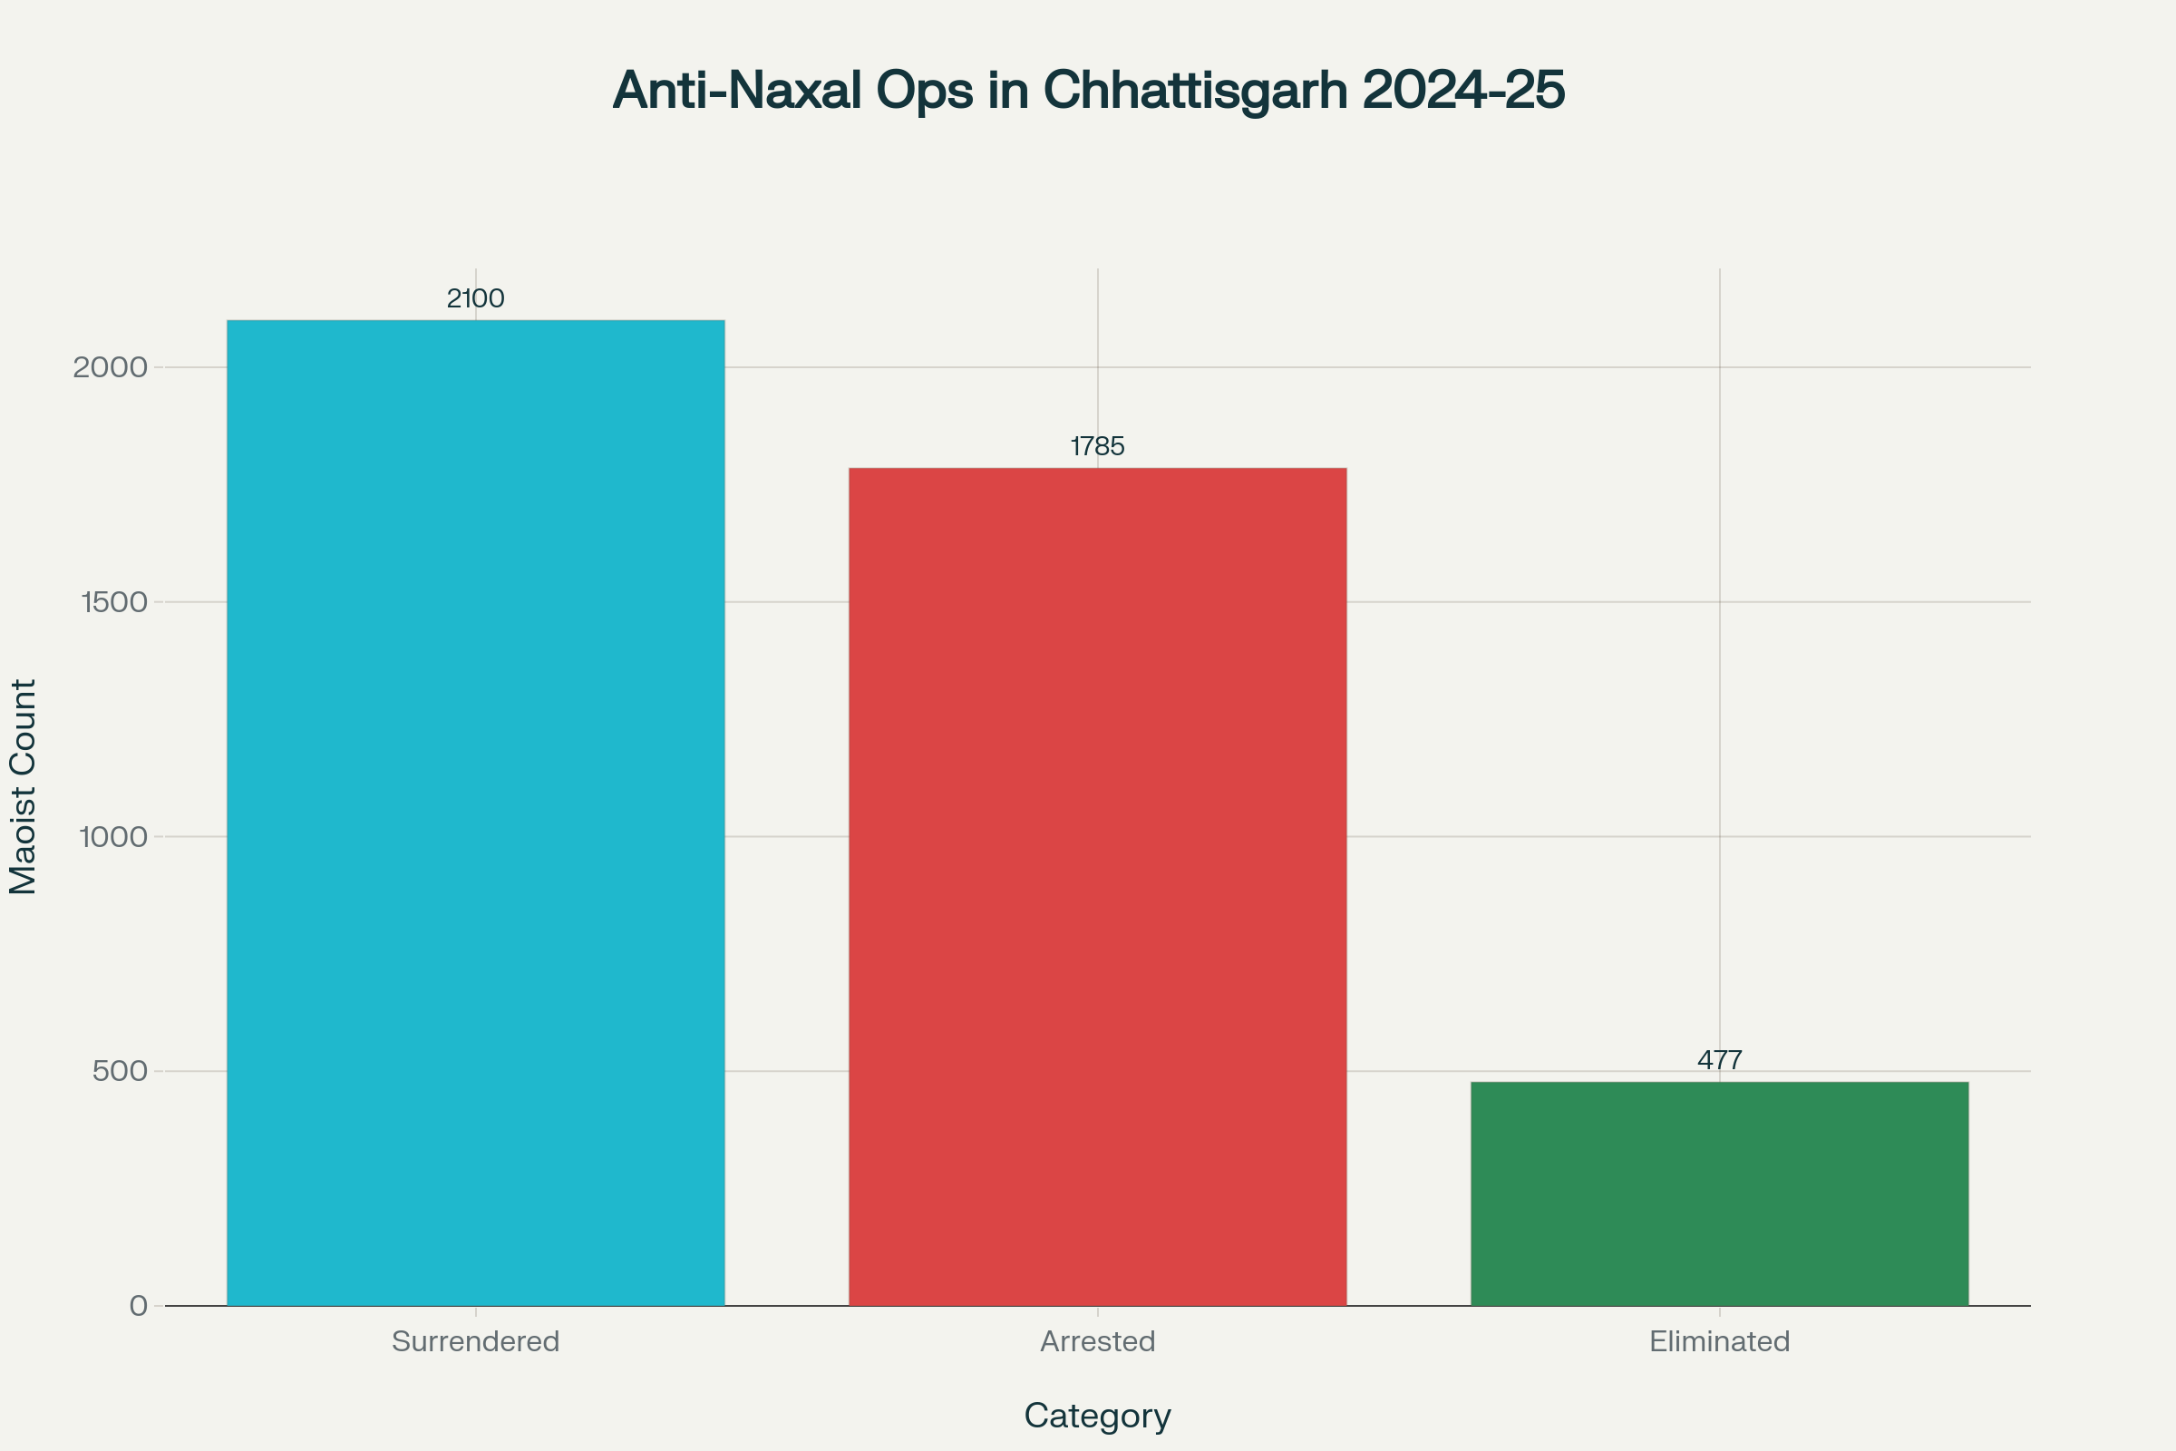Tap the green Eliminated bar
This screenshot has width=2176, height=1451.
pyautogui.click(x=1719, y=1193)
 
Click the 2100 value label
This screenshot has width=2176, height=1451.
pyautogui.click(x=475, y=299)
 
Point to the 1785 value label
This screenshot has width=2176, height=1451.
pyautogui.click(x=1097, y=447)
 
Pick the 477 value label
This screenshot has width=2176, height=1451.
pyautogui.click(x=1719, y=1060)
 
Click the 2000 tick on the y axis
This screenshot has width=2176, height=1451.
pyautogui.click(x=110, y=367)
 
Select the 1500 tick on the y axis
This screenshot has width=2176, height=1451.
pyautogui.click(x=115, y=602)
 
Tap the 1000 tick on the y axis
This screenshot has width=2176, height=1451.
pyautogui.click(x=114, y=836)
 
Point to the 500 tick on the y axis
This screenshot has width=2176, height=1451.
pyautogui.click(x=121, y=1072)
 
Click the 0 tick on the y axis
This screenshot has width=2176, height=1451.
pyautogui.click(x=139, y=1306)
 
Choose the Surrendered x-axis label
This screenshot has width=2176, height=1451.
pyautogui.click(x=475, y=1342)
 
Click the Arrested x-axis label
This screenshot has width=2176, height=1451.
pyautogui.click(x=1097, y=1342)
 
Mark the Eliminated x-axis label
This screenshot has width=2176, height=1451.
pyautogui.click(x=1719, y=1342)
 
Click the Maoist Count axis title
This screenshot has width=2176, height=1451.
pyautogui.click(x=24, y=786)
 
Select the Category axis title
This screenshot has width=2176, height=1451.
pyautogui.click(x=1097, y=1416)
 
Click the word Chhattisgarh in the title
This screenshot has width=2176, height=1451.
pyautogui.click(x=1195, y=91)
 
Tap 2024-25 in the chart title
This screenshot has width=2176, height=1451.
pyautogui.click(x=1463, y=91)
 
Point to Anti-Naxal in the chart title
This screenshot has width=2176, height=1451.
pyautogui.click(x=736, y=91)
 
